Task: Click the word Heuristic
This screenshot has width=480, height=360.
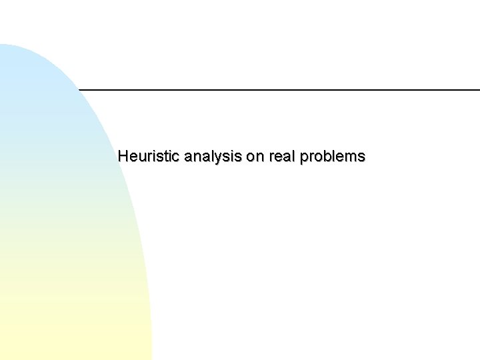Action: click(x=149, y=157)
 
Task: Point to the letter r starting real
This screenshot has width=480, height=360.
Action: click(x=272, y=157)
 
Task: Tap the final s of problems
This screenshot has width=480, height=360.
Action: click(x=361, y=157)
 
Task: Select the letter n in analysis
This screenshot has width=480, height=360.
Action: click(x=197, y=157)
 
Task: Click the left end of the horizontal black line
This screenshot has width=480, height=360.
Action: click(x=79, y=89)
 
